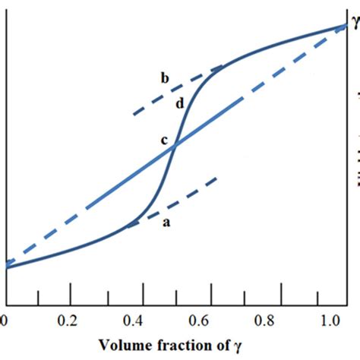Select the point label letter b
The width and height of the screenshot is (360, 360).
pos(164,77)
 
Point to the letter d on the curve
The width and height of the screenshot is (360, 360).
pos(179,104)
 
